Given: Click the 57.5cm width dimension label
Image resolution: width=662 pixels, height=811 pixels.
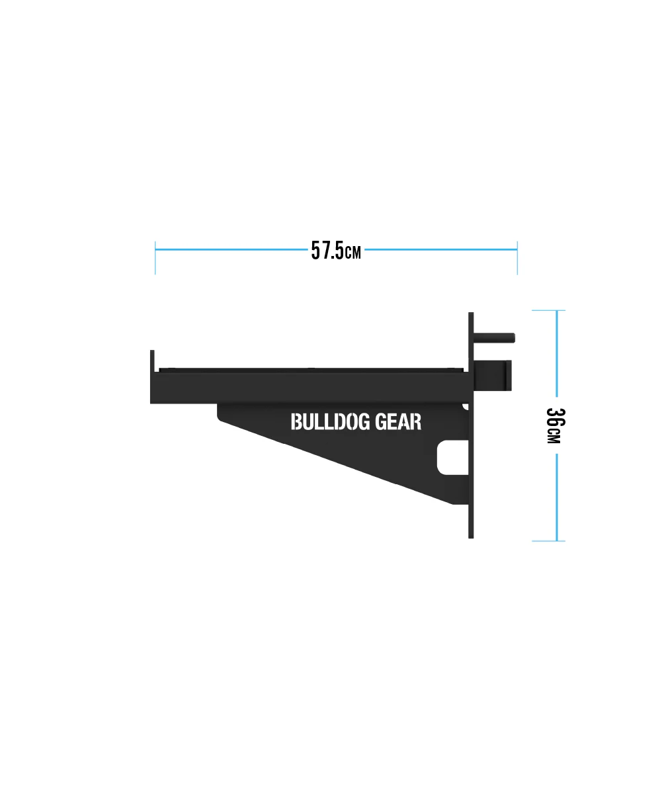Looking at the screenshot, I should click(336, 251).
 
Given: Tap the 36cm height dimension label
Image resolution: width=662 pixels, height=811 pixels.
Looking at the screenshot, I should click(555, 426).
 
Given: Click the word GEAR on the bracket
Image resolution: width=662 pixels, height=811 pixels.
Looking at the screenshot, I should click(398, 422).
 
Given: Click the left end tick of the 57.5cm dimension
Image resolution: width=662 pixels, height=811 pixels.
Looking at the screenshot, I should click(155, 257).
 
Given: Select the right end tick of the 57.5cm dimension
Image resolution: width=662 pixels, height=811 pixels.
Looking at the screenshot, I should click(517, 257).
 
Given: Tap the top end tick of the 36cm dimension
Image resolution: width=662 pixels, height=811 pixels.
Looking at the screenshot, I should click(549, 310).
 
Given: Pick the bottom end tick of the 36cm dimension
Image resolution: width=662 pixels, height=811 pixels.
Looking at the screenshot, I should click(549, 541).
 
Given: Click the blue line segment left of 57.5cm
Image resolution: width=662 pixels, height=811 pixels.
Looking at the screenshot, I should click(231, 250).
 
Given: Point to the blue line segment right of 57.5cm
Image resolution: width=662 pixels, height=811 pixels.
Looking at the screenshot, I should click(440, 250).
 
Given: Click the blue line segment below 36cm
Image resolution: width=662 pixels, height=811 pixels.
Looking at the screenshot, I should click(557, 496).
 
